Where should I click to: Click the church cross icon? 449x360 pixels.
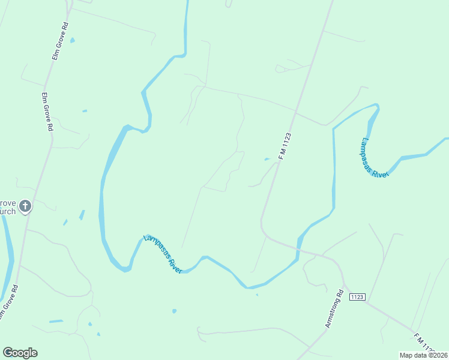click(25, 206)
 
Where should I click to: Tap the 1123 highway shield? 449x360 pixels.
click(357, 296)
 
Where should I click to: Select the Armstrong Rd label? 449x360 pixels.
click(333, 309)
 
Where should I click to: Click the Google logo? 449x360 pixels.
click(20, 353)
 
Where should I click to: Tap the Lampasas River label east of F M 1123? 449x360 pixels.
click(375, 157)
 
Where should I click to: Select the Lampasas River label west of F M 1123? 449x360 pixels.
click(163, 254)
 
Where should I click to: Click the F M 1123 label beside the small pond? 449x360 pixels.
click(285, 146)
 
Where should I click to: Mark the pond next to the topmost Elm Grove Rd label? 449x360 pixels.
click(73, 41)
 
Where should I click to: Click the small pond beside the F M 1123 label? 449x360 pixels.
click(267, 159)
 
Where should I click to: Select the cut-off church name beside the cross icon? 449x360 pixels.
click(8, 207)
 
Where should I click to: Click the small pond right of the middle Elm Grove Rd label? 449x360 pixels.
click(85, 111)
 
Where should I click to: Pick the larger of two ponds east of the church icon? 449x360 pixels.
click(82, 214)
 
